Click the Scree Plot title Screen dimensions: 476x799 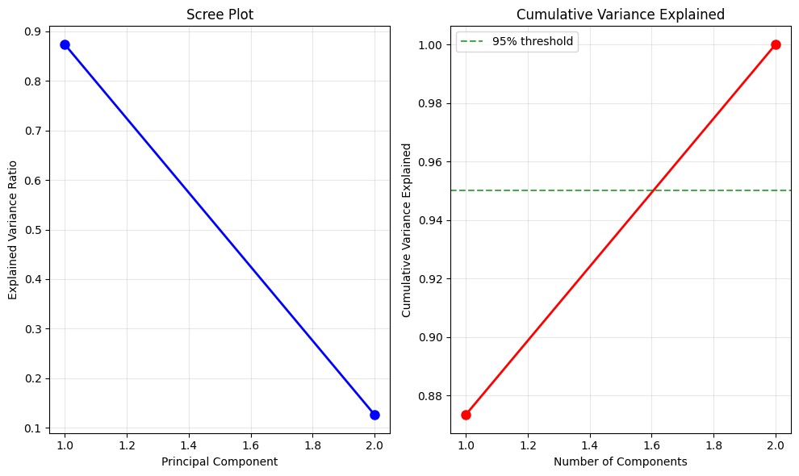pos(220,14)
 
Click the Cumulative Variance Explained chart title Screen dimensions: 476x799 pos(620,14)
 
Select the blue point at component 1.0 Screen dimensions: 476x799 pos(65,44)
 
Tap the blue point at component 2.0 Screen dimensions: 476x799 pos(374,415)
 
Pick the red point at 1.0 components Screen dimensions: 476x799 pos(466,415)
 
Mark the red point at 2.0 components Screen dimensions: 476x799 pos(776,44)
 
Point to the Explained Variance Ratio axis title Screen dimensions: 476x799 pos(13,230)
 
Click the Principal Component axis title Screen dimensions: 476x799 pos(220,461)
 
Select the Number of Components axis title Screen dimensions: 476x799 pos(620,461)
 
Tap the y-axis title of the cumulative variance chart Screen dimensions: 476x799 pos(407,230)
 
